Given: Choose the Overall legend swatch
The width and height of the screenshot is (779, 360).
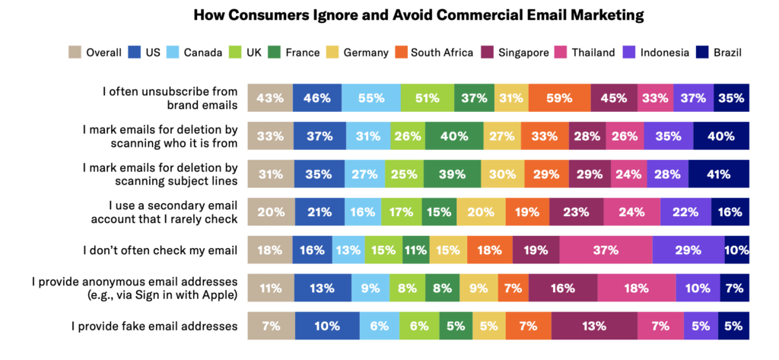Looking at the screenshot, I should tap(76, 53).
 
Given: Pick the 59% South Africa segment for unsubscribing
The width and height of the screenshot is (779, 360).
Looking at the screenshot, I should tap(559, 98).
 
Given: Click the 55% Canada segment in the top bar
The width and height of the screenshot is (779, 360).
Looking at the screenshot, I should tap(371, 98).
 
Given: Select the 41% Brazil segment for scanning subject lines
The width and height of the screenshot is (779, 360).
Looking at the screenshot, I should tap(719, 174).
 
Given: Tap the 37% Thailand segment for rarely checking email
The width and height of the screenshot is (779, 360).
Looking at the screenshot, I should tap(606, 250).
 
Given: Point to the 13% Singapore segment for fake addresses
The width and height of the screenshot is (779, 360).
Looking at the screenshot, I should tap(594, 327).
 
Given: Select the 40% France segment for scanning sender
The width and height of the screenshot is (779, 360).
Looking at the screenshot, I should tap(453, 136).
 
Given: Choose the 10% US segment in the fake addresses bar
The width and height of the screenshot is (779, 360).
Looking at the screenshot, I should tap(327, 327).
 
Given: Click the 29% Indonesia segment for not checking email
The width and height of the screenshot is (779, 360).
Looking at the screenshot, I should tap(688, 250).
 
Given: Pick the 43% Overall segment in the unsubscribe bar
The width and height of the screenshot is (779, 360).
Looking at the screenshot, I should tap(270, 98).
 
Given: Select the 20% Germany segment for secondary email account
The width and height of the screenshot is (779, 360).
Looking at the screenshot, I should tap(480, 212).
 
